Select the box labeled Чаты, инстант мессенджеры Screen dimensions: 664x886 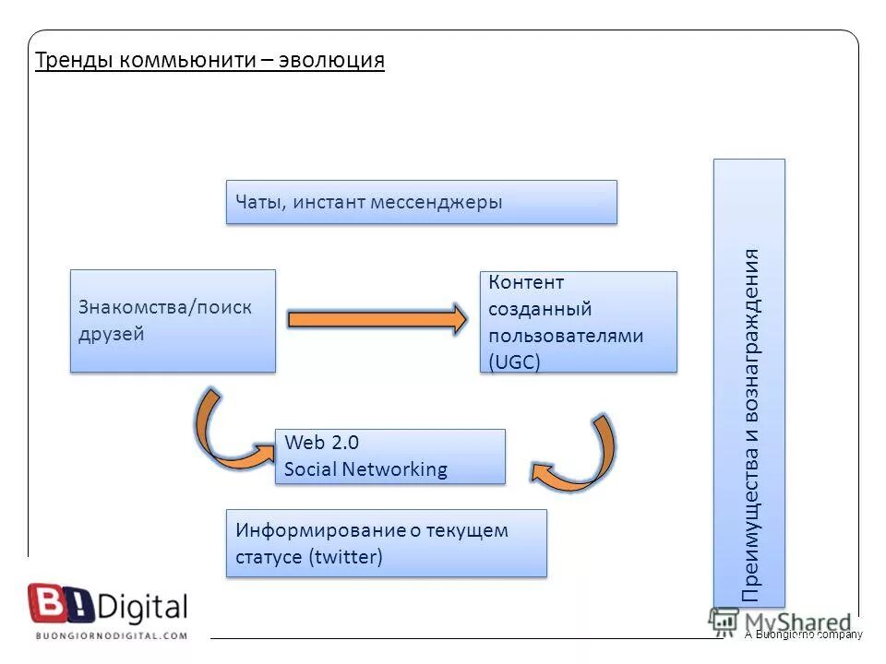tap(421, 202)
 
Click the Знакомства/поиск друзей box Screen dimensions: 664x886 tap(173, 321)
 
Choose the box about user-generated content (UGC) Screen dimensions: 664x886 tap(578, 322)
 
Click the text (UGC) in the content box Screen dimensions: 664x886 tap(514, 362)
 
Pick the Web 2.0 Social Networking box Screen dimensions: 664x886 tap(389, 456)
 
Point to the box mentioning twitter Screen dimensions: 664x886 tap(386, 543)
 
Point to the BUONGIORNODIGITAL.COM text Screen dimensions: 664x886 tap(111, 635)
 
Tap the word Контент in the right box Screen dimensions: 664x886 tap(526, 282)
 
